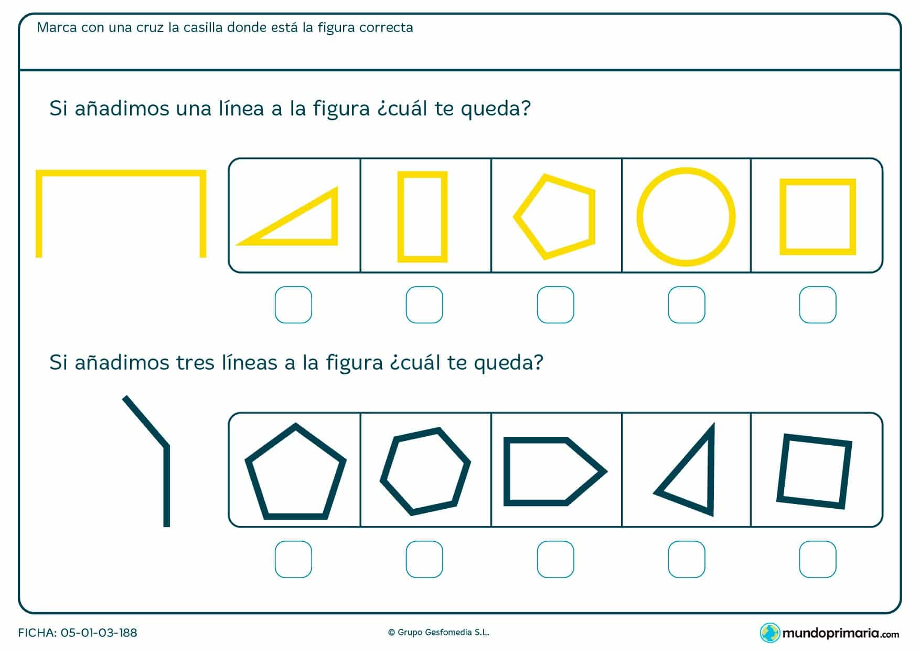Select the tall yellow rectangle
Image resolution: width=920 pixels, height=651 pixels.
(x=400, y=217)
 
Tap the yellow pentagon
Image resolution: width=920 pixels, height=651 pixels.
(x=592, y=216)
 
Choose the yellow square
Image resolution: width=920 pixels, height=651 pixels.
(x=783, y=217)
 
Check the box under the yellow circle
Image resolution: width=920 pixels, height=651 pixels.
(x=687, y=304)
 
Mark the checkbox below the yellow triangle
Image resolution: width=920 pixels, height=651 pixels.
(x=293, y=304)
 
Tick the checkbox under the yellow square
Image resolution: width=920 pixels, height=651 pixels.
(x=818, y=304)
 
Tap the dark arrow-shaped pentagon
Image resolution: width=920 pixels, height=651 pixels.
(x=507, y=471)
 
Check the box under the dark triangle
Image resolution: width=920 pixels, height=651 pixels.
(x=687, y=559)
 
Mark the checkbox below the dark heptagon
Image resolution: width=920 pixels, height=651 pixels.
(x=424, y=559)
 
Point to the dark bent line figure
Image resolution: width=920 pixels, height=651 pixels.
(x=167, y=486)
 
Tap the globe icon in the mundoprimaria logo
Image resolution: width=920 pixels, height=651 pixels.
(x=770, y=633)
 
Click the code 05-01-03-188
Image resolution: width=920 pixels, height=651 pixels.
(x=99, y=633)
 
